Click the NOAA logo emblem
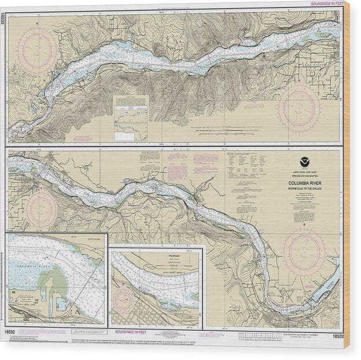click(x=304, y=163)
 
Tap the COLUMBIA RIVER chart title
click(x=304, y=184)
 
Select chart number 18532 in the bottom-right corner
click(x=338, y=335)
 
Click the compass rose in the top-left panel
click(x=37, y=50)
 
